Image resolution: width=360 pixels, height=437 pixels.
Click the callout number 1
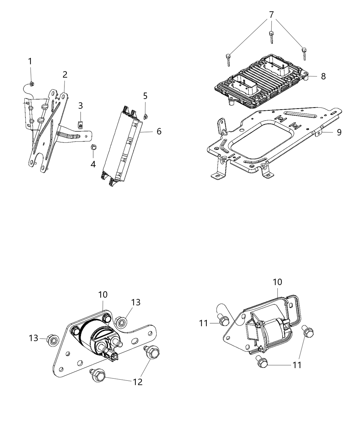pos(30,61)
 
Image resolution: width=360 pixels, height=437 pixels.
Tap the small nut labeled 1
pos(31,83)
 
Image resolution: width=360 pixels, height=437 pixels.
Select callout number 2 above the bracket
pos(65,74)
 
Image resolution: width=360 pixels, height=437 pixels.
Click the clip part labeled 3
pos(80,125)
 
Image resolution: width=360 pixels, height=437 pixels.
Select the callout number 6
pos(159,131)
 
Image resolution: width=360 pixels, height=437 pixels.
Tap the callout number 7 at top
pos(272,15)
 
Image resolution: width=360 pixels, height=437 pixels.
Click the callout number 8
pos(323,76)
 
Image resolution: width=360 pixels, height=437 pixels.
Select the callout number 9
pos(339,132)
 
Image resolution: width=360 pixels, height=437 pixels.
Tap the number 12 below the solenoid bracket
pos(137,381)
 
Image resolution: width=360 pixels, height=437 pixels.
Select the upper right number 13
pos(135,302)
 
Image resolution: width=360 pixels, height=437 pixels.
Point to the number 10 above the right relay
pos(277,282)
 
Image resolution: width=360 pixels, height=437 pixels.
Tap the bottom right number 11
pos(297,365)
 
